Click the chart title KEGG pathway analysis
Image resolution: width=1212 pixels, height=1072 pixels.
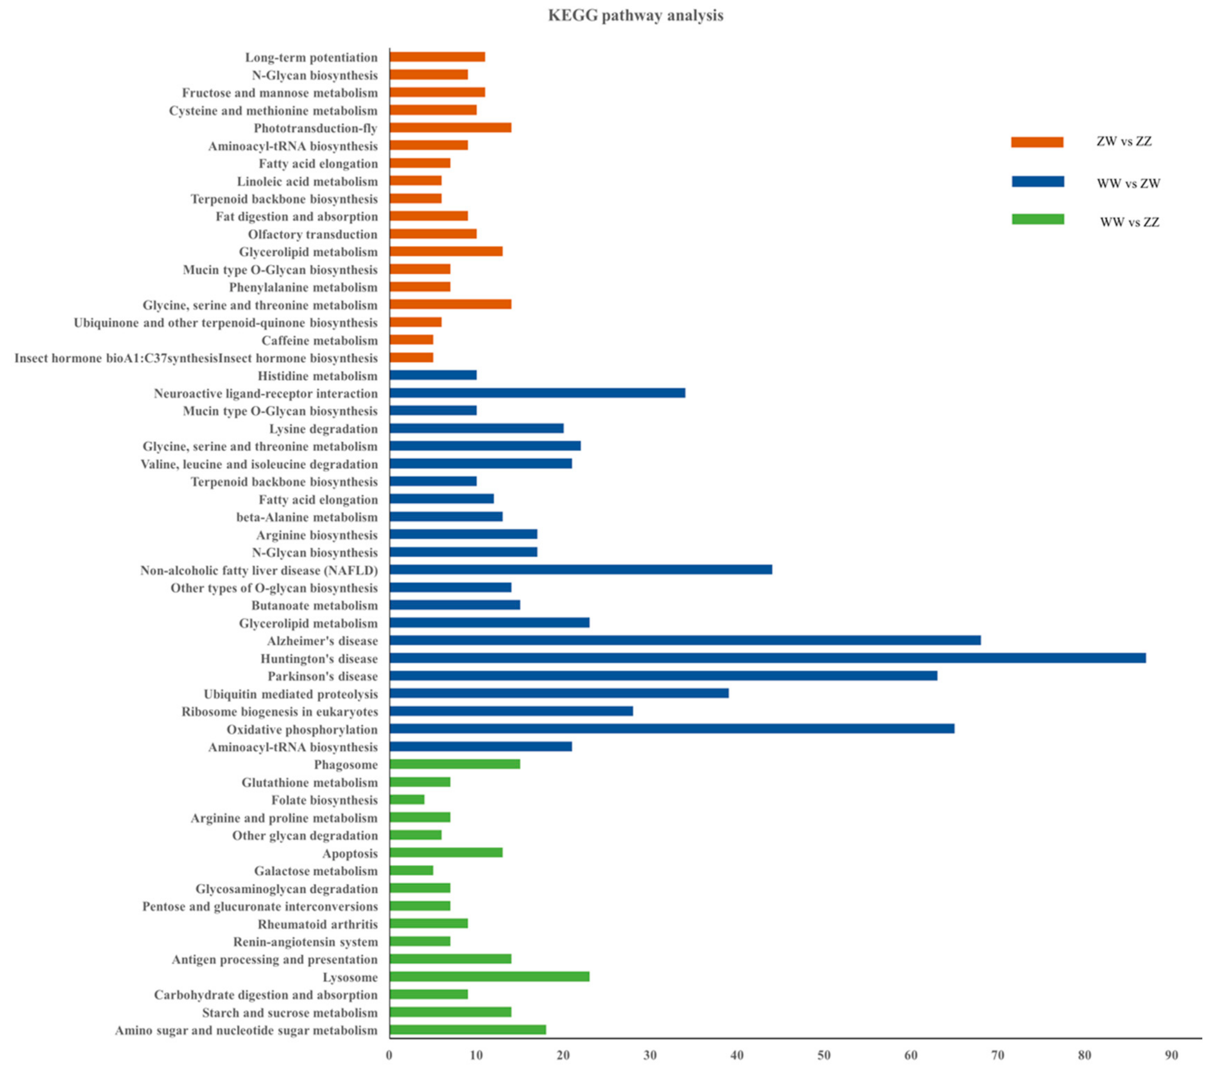[635, 15]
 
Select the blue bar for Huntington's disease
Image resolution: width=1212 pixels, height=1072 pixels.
[767, 658]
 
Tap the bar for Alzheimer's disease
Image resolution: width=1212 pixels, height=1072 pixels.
[685, 640]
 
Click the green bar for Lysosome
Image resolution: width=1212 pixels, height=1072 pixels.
[489, 977]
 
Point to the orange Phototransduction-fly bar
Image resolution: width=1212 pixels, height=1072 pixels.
[450, 128]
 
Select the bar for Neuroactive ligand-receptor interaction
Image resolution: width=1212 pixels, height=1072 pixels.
[537, 393]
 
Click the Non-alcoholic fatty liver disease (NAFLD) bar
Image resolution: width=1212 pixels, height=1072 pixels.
[580, 570]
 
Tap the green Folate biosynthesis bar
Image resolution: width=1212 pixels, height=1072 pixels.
[407, 800]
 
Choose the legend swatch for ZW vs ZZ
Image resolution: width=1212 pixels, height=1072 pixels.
[1037, 142]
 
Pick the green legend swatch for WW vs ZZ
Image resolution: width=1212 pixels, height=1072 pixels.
[1037, 219]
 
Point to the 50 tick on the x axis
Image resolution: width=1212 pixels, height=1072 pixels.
[824, 1055]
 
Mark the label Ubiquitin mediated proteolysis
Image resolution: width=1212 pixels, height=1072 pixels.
[291, 694]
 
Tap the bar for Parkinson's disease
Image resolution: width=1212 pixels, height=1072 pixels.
[663, 676]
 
